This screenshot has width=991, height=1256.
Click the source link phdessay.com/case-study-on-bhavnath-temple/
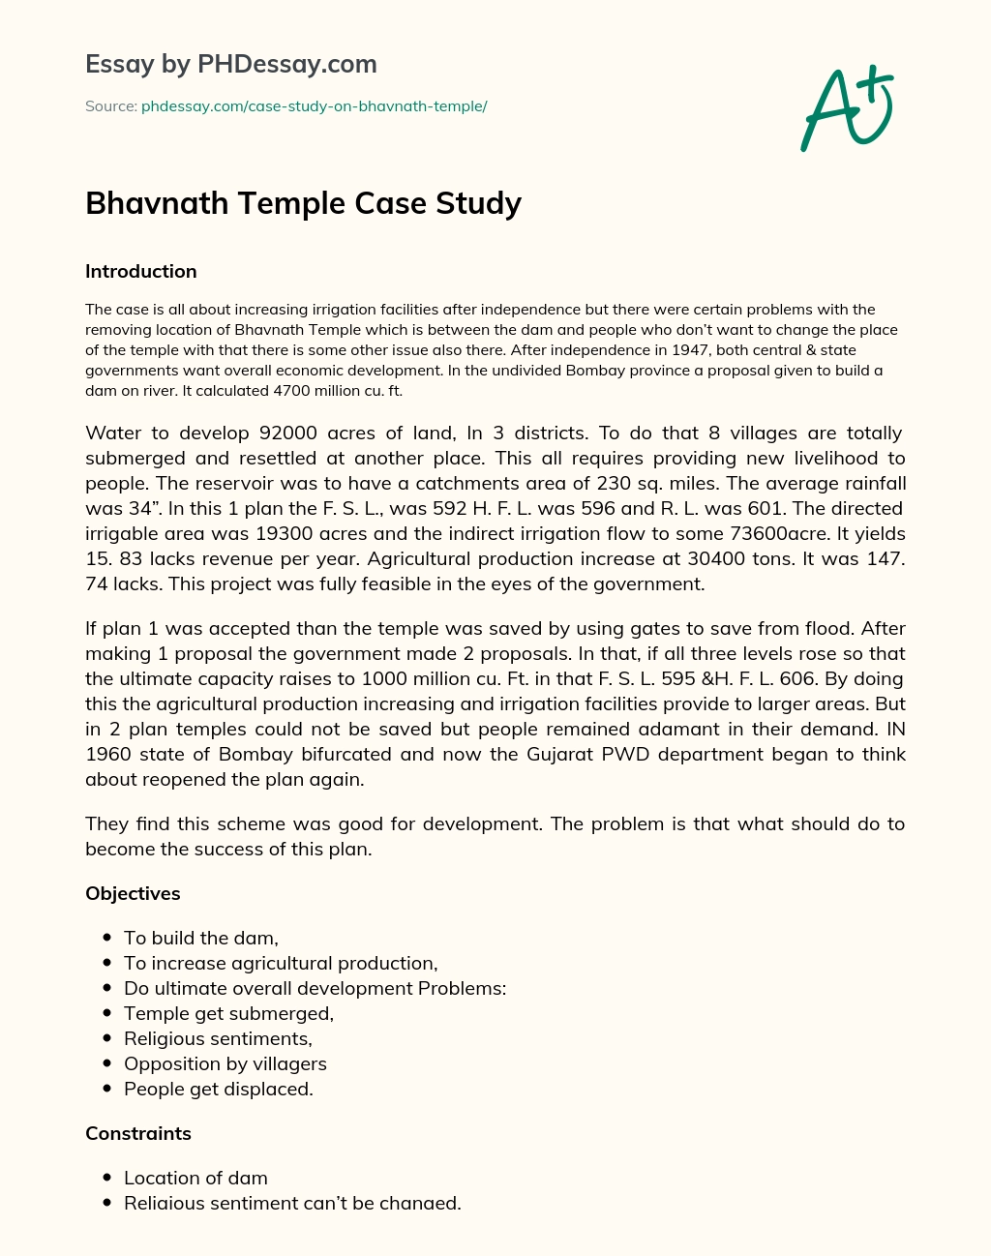pyautogui.click(x=314, y=106)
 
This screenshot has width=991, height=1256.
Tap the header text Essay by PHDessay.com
pyautogui.click(x=231, y=65)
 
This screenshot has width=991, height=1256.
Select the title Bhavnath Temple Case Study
pyautogui.click(x=303, y=203)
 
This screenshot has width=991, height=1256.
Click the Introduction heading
pyautogui.click(x=141, y=272)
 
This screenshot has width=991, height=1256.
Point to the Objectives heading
pyautogui.click(x=133, y=894)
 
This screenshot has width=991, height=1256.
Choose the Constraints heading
pyautogui.click(x=138, y=1134)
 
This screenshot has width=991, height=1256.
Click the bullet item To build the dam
pyautogui.click(x=201, y=939)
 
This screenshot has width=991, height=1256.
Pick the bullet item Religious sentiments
pyautogui.click(x=218, y=1039)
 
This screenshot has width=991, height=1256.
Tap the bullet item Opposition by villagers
pyautogui.click(x=225, y=1064)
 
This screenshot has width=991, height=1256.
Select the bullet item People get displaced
pyautogui.click(x=219, y=1090)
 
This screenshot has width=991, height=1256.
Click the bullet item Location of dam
pyautogui.click(x=195, y=1179)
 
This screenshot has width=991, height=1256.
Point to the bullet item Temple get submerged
pyautogui.click(x=228, y=1014)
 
